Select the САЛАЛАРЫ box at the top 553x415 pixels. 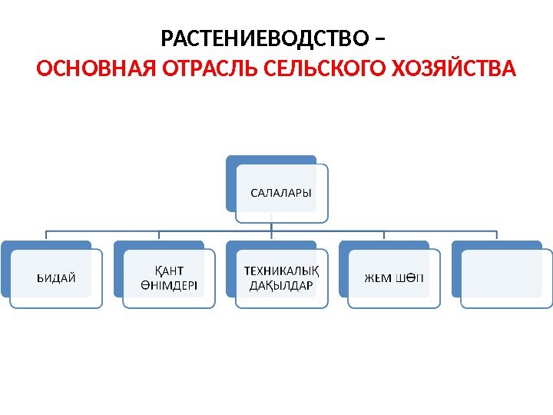pos(282,191)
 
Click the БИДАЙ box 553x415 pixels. pos(56,277)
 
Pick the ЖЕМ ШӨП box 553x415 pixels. pos(394,277)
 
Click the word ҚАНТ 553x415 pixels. pos(169,271)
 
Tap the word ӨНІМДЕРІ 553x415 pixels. pos(169,285)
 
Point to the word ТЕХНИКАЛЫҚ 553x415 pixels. pos(282,271)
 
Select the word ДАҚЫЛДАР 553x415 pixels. pos(282,285)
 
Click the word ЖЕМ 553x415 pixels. pos(379,277)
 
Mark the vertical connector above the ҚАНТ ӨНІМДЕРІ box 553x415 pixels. pos(158,236)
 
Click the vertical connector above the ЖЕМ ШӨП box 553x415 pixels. pos(384,236)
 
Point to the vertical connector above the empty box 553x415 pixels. pos(497,236)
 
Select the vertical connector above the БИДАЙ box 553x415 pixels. pos(46,236)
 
